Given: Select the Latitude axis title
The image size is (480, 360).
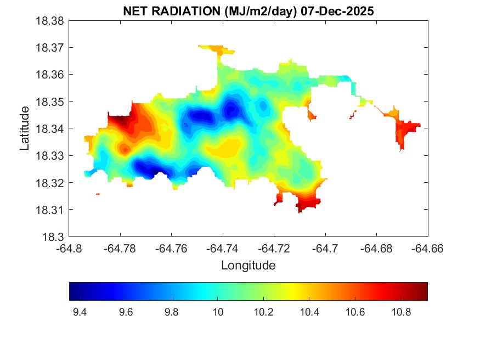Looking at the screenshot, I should pyautogui.click(x=25, y=129).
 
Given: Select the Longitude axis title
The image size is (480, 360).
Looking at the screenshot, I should pyautogui.click(x=248, y=266).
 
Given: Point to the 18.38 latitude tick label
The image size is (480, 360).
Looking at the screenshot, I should pyautogui.click(x=50, y=21).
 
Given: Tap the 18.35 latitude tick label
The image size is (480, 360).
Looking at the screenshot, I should pyautogui.click(x=50, y=102).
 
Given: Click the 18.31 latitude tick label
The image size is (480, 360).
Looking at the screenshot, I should pyautogui.click(x=50, y=210).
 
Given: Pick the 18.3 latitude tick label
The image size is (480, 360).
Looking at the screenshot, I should pyautogui.click(x=54, y=237).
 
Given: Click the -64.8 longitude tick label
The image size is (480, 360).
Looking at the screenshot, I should pyautogui.click(x=70, y=249).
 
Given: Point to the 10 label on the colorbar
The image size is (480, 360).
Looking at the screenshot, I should pyautogui.click(x=218, y=312).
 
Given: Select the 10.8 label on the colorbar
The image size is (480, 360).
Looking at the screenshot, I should pyautogui.click(x=402, y=312).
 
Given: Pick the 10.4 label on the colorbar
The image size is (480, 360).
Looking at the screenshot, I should pyautogui.click(x=309, y=312).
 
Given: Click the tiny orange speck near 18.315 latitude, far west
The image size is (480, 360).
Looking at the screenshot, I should pyautogui.click(x=98, y=194).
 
